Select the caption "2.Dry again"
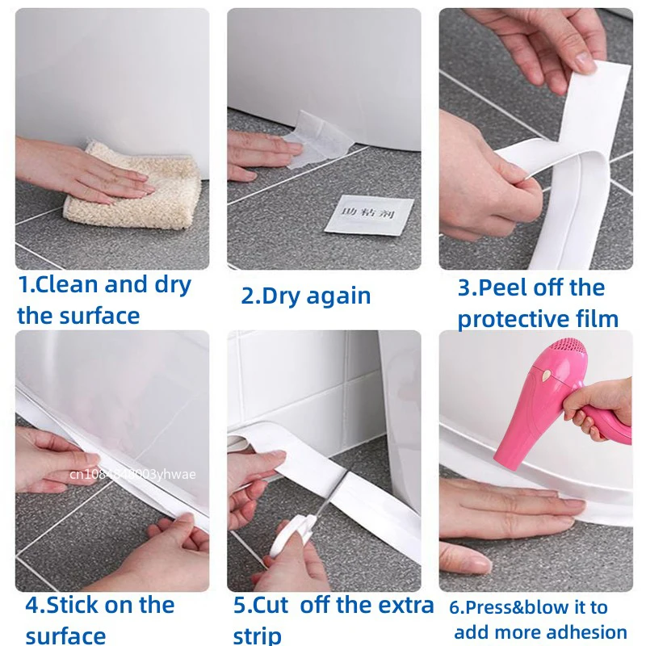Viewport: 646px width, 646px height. coord(306,296)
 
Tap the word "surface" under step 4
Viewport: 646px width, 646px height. coord(65,635)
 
